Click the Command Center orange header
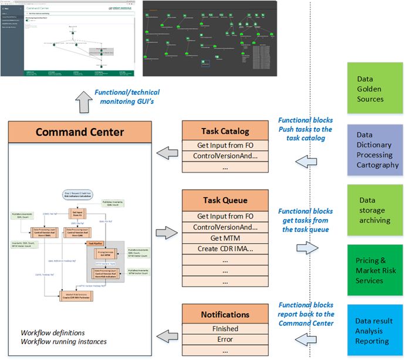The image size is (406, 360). (x=80, y=132)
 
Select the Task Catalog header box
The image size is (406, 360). (x=226, y=130)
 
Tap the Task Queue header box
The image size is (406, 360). (x=226, y=200)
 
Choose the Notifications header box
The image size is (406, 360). (x=226, y=314)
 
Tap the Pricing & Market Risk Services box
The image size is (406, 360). (x=375, y=270)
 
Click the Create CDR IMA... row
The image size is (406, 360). (x=226, y=250)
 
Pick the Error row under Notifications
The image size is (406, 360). (x=226, y=339)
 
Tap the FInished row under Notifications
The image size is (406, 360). (x=226, y=328)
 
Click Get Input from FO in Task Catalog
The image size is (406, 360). (x=226, y=144)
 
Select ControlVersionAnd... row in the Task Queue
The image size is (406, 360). (x=226, y=227)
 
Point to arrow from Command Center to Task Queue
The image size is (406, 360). (x=168, y=233)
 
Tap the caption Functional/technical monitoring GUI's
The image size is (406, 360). (x=127, y=96)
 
